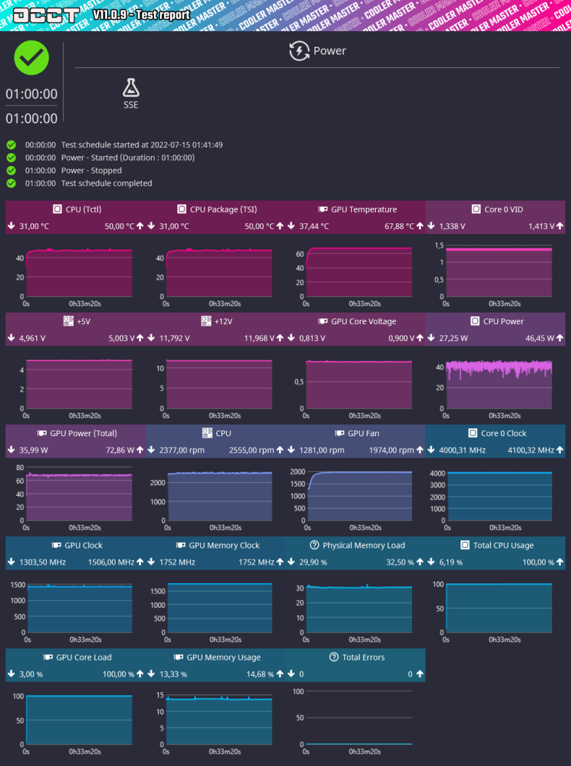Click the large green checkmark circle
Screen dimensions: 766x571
(x=32, y=58)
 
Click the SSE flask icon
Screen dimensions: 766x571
(x=131, y=87)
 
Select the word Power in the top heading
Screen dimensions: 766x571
(x=330, y=51)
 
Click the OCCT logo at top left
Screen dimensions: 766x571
(x=47, y=15)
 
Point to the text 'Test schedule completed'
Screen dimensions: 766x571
(x=106, y=183)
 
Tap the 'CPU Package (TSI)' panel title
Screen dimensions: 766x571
(x=223, y=209)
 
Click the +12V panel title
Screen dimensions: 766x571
(x=224, y=321)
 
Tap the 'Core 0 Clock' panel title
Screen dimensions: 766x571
(x=504, y=433)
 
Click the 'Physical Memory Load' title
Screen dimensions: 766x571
(x=363, y=545)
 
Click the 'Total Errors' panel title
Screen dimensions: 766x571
(x=363, y=657)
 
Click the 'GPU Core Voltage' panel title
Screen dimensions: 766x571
(x=363, y=321)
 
